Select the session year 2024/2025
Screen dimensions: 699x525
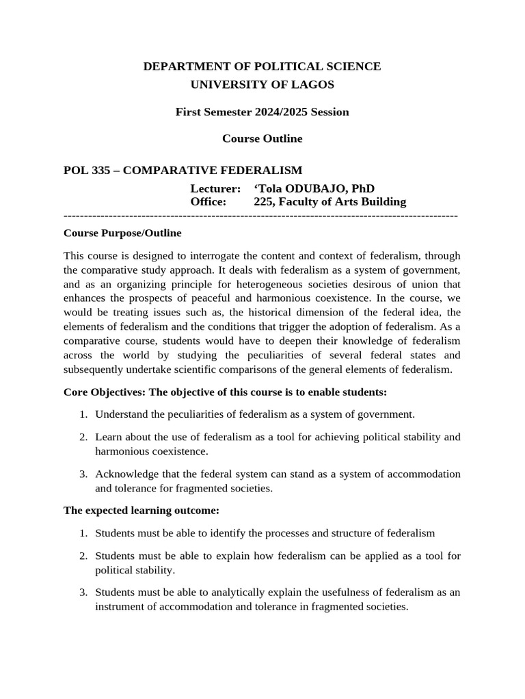pos(279,112)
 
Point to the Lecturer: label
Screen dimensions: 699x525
pos(215,188)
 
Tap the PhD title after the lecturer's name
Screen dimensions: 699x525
pos(363,188)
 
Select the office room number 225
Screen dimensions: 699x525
pos(263,201)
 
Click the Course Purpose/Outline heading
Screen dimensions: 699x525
pos(122,233)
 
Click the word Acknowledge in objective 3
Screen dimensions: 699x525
pos(125,474)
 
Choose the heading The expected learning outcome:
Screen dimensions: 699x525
pos(142,511)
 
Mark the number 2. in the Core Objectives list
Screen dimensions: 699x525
pos(83,437)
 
